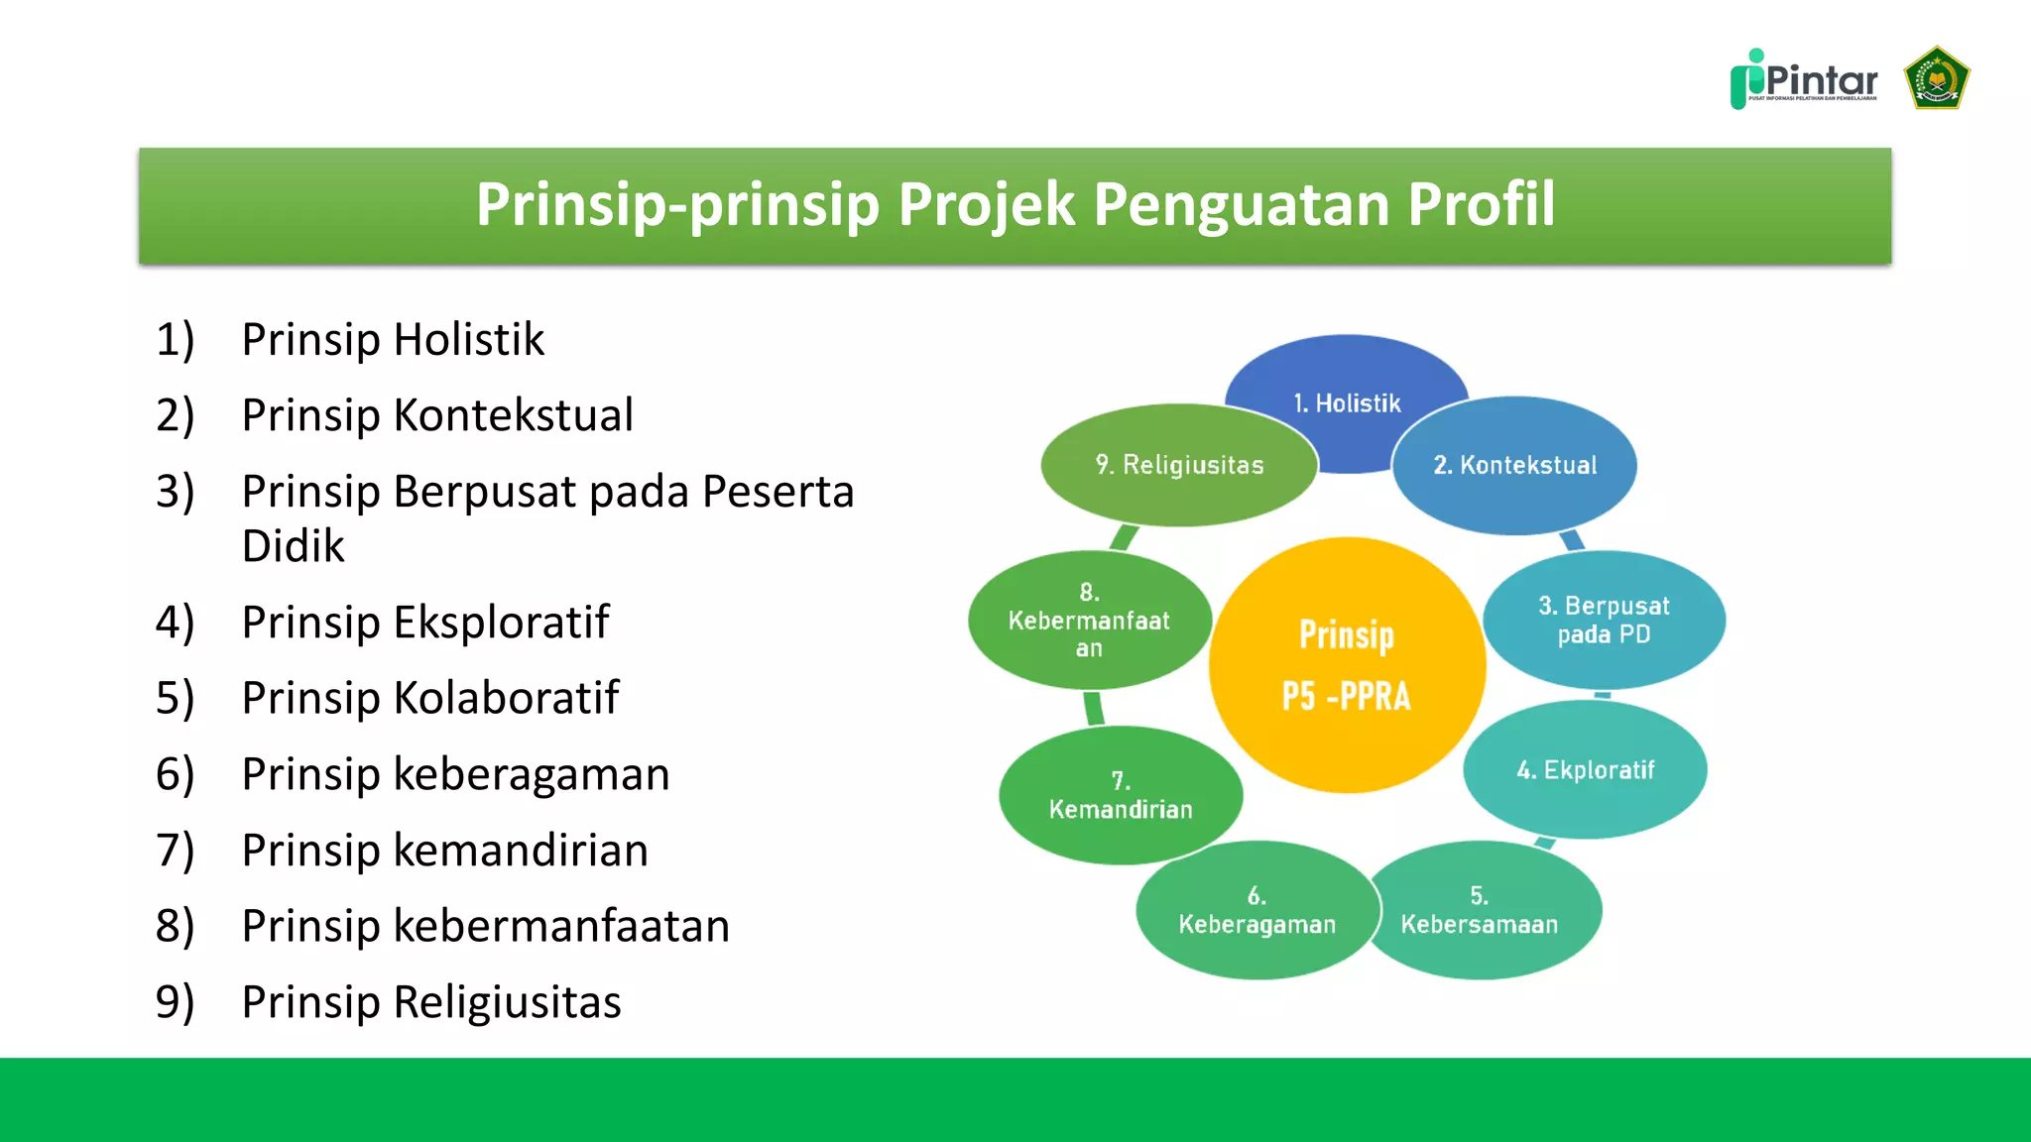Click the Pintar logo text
click(x=1821, y=79)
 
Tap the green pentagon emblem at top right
click(x=1936, y=78)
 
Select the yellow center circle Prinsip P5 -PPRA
click(x=1346, y=665)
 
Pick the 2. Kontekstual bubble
click(x=1515, y=465)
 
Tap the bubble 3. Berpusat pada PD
click(x=1604, y=620)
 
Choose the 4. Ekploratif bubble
click(x=1585, y=770)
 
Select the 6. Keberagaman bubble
click(x=1256, y=910)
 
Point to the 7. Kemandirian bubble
click(x=1121, y=795)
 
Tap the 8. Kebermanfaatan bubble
click(x=1089, y=621)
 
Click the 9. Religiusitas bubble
click(x=1179, y=465)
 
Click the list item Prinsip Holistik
click(x=393, y=340)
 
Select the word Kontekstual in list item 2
click(x=513, y=415)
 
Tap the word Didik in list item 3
click(x=294, y=546)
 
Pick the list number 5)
click(x=176, y=698)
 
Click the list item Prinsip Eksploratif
click(x=425, y=623)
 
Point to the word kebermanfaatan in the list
click(x=561, y=926)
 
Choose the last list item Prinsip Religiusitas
click(x=431, y=1002)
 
